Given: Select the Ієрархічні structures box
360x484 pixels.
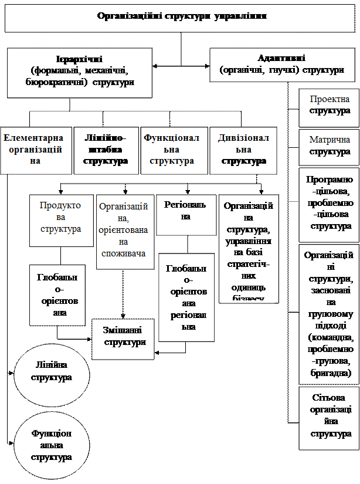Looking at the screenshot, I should pos(79,72).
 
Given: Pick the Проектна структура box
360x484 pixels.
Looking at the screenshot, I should pos(329,107).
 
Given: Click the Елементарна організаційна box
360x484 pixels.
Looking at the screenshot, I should pos(36,150).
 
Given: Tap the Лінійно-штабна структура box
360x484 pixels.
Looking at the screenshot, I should pos(106,150).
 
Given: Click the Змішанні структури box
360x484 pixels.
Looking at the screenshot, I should pos(123,339).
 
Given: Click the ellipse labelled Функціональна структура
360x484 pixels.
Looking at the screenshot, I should pos(52,445).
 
